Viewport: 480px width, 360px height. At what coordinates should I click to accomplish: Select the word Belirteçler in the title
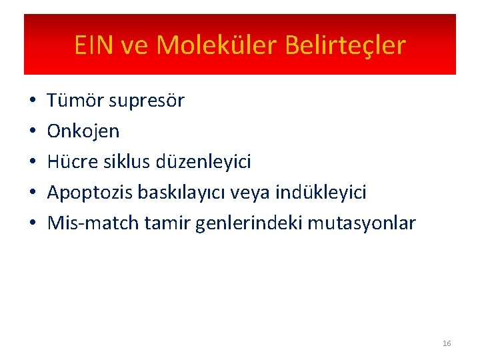click(x=345, y=45)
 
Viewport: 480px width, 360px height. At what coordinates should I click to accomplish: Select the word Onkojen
click(x=83, y=131)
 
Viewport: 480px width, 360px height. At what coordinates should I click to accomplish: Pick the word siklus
click(x=129, y=162)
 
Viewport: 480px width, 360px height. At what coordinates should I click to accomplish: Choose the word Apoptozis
click(x=90, y=193)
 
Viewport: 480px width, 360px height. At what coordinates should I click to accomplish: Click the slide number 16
click(x=446, y=343)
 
